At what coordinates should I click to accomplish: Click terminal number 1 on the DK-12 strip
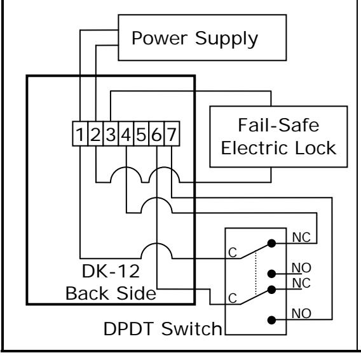pos(80,133)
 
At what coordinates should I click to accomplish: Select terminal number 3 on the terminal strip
pos(111,133)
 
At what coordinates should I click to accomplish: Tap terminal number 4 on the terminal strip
pos(126,133)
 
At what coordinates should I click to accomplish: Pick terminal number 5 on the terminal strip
pos(141,133)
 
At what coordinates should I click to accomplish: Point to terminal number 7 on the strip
pos(172,133)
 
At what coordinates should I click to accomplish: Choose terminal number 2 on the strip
pos(95,133)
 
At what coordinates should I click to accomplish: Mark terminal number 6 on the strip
pos(156,133)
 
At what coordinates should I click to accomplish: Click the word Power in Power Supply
pos(160,38)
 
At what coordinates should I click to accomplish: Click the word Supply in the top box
pos(226,39)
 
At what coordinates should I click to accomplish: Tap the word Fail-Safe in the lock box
pos(278,125)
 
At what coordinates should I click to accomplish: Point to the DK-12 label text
pos(111,271)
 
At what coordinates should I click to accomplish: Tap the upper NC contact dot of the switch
pos(271,243)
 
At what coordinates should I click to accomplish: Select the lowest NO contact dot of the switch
pos(271,320)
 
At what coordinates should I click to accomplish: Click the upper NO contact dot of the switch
pos(271,274)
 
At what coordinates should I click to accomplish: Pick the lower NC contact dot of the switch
pos(271,290)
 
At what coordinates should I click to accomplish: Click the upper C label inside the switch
pos(233,253)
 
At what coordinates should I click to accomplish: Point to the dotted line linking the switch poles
pos(256,274)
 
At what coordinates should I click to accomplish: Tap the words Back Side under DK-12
pos(111,293)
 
